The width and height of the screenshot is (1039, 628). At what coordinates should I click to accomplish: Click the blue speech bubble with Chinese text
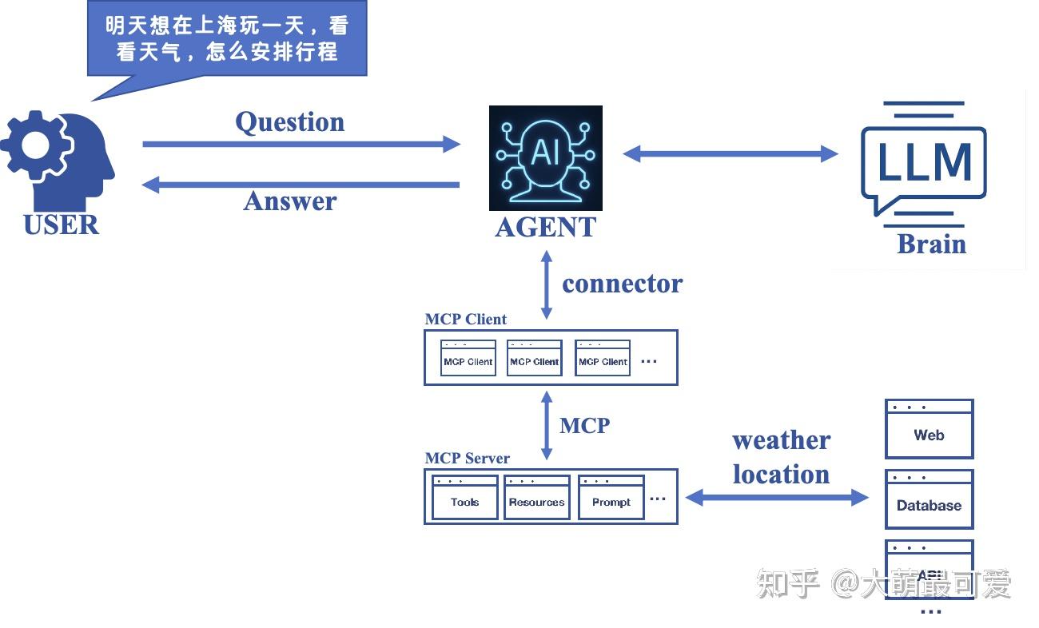click(227, 38)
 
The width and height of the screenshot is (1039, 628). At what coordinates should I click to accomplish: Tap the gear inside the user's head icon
click(36, 145)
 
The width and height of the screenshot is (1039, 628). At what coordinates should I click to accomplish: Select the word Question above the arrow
click(289, 122)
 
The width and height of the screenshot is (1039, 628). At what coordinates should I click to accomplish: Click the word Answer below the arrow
click(289, 201)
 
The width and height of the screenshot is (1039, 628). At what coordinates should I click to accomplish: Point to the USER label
click(62, 225)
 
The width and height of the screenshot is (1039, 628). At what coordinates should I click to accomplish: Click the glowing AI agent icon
click(545, 158)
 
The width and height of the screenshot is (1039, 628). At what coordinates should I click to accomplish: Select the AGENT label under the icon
click(545, 228)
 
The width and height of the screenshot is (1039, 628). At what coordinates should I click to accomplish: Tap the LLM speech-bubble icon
click(923, 160)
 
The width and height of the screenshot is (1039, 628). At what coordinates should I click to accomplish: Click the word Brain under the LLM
click(931, 244)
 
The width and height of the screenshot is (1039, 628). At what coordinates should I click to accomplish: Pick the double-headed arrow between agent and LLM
click(730, 153)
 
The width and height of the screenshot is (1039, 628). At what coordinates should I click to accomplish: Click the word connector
click(622, 284)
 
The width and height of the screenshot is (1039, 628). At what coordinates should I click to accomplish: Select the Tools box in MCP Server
click(464, 497)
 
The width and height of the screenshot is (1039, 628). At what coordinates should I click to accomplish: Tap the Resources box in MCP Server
click(536, 497)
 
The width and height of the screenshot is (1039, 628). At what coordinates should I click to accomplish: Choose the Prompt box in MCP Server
click(611, 497)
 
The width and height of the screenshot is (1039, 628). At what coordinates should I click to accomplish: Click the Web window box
click(929, 429)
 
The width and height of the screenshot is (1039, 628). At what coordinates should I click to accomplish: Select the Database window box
click(929, 499)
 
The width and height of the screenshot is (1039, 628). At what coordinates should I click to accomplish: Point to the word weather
click(781, 440)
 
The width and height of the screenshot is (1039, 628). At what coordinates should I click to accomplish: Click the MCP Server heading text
click(467, 458)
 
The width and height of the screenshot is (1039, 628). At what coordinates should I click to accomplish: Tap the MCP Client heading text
click(465, 319)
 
